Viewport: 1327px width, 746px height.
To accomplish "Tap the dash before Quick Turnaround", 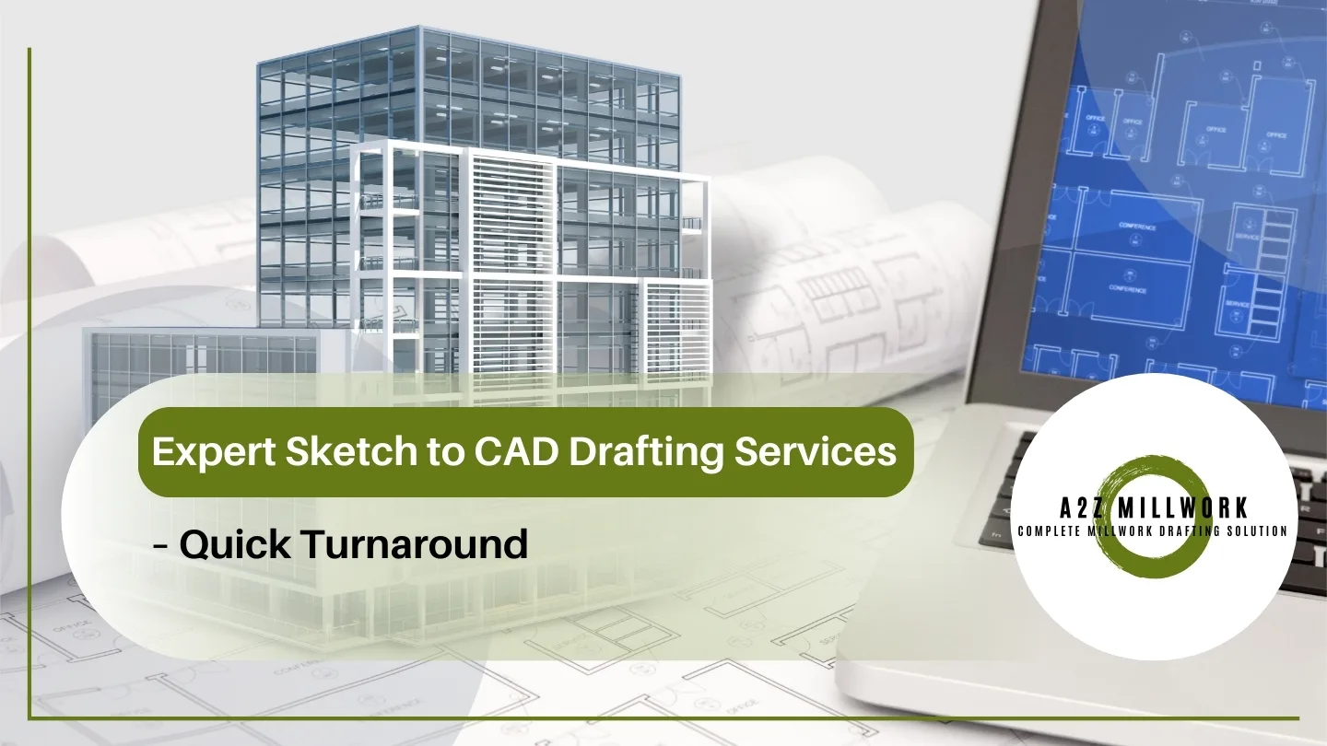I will [x=160, y=545].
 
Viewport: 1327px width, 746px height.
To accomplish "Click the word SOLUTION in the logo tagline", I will [x=1255, y=531].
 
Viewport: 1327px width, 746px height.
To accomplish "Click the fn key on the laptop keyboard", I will [x=996, y=532].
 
